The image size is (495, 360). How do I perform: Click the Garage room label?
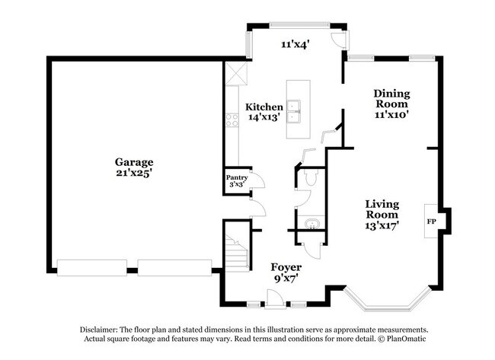(x=134, y=162)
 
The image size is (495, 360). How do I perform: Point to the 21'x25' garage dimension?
(x=134, y=173)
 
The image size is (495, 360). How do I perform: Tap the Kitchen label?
(x=264, y=107)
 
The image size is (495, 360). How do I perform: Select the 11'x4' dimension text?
(x=294, y=45)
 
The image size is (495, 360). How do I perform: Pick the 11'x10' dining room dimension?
(x=391, y=115)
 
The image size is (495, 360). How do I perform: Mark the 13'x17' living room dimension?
(x=383, y=225)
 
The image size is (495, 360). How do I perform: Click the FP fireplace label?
(x=431, y=221)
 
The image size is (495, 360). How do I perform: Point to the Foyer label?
(x=286, y=268)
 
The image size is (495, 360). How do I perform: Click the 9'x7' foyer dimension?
(x=286, y=279)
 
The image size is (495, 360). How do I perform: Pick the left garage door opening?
(x=92, y=267)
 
